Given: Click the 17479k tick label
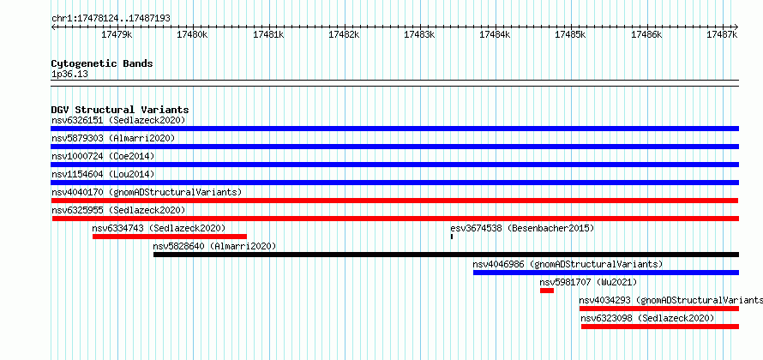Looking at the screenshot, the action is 117,34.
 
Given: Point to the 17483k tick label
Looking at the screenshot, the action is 419,34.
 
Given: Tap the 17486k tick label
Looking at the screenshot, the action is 646,34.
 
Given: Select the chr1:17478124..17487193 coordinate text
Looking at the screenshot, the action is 111,19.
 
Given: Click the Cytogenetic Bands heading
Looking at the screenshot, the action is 102,63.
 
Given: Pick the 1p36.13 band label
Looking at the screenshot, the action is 69,75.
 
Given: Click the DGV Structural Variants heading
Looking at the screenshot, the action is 120,110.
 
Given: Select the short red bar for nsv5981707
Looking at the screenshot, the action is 547,291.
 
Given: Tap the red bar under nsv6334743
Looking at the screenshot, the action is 170,237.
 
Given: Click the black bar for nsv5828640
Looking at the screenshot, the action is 446,255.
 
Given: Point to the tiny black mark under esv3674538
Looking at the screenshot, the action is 452,237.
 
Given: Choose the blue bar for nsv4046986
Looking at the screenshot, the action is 606,273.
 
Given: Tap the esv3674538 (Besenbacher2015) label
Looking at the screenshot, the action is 522,228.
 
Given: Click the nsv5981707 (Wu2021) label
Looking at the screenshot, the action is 588,282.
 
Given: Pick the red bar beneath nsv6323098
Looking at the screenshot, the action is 660,327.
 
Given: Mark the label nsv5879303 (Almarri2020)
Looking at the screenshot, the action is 113,138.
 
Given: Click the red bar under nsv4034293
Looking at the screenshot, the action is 659,309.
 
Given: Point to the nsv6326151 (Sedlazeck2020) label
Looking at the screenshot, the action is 118,120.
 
